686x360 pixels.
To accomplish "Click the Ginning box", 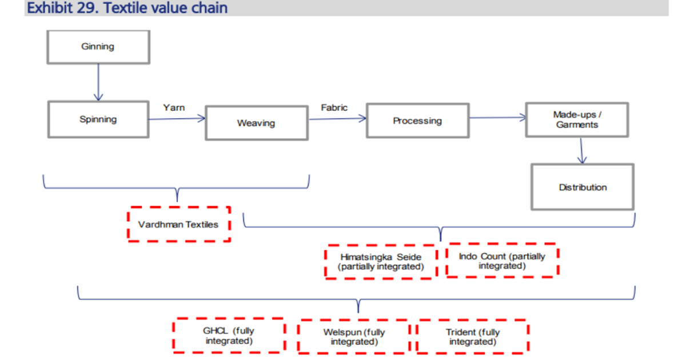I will pyautogui.click(x=98, y=47).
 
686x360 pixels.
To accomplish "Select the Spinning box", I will pyautogui.click(x=98, y=119).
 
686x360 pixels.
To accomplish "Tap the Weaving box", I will pyautogui.click(x=256, y=123).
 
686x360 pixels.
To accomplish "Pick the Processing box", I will pyautogui.click(x=417, y=121).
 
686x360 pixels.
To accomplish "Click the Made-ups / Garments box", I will pyautogui.click(x=577, y=119).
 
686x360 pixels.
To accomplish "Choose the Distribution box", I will pyautogui.click(x=583, y=187).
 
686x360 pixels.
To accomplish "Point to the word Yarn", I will pyautogui.click(x=174, y=107).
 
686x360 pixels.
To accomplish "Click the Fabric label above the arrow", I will pyautogui.click(x=334, y=107).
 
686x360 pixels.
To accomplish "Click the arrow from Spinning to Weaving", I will pyautogui.click(x=177, y=119).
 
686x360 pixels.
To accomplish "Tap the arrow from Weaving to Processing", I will pyautogui.click(x=337, y=119).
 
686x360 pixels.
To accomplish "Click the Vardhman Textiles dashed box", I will pyautogui.click(x=178, y=224).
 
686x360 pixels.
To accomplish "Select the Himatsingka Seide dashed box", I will pyautogui.click(x=381, y=262).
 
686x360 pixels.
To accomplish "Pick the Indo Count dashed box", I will pyautogui.click(x=501, y=261).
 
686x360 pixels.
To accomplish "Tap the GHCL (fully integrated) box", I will pyautogui.click(x=229, y=335).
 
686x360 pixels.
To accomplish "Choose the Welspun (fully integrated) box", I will pyautogui.click(x=354, y=337).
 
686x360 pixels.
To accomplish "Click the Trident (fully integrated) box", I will pyautogui.click(x=473, y=337).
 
